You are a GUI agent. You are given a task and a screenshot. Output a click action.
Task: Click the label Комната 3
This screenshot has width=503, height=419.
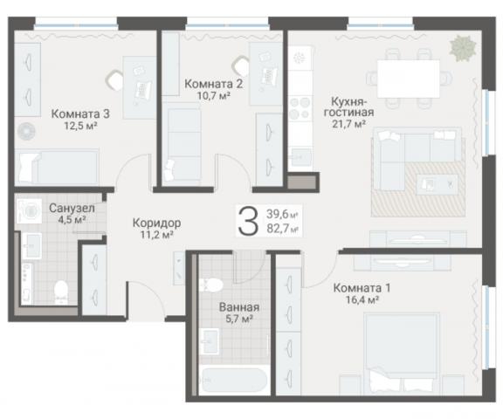pyautogui.click(x=80, y=113)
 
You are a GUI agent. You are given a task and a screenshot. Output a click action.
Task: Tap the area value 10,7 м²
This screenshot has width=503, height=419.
pyautogui.click(x=214, y=95)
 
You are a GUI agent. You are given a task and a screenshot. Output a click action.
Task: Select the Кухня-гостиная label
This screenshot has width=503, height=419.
pyautogui.click(x=348, y=107)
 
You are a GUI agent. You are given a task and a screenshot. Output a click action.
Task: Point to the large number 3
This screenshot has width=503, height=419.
pyautogui.click(x=248, y=221)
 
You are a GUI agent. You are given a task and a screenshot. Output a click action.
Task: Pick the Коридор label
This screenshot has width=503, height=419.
pyautogui.click(x=156, y=223)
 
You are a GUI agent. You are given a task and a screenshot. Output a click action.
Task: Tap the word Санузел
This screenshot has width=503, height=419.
pyautogui.click(x=72, y=208)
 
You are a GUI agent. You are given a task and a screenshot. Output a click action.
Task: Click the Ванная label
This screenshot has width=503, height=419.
pyautogui.click(x=239, y=307)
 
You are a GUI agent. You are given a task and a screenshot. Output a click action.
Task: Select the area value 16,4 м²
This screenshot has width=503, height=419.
pyautogui.click(x=362, y=299)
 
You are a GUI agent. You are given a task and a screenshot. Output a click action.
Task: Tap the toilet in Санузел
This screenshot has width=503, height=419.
pyautogui.click(x=61, y=292)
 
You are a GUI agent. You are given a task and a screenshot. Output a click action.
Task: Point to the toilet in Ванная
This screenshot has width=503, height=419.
pyautogui.click(x=210, y=285)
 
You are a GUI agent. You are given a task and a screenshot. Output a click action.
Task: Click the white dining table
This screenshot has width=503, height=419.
pyautogui.click(x=409, y=79)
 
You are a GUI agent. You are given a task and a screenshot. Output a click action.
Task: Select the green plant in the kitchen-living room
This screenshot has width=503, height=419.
pyautogui.click(x=462, y=49)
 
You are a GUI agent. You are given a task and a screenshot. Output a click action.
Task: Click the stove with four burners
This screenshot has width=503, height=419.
pyautogui.click(x=300, y=108)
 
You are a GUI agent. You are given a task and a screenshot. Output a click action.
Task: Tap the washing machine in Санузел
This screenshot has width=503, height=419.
pyautogui.click(x=29, y=211)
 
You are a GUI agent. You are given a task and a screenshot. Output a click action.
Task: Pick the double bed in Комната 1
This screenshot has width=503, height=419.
pyautogui.click(x=402, y=354)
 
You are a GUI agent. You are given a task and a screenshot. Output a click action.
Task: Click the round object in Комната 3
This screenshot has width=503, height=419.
pyautogui.click(x=26, y=131)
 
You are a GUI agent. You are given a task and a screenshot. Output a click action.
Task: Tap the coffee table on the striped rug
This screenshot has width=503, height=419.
pyautogui.click(x=438, y=184)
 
